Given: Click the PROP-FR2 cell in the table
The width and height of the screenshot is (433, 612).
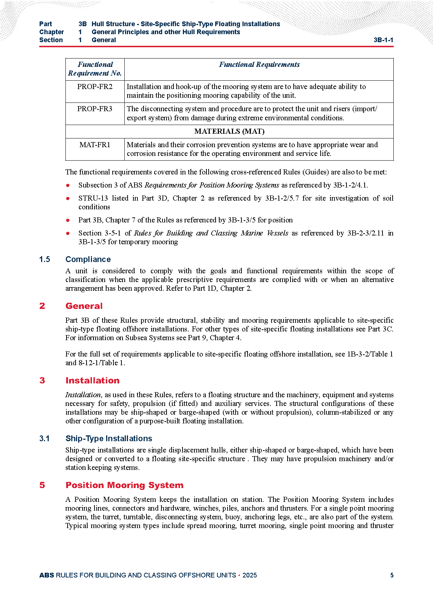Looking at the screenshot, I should [95, 87].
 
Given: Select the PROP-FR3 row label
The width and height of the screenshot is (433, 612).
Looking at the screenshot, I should [95, 109].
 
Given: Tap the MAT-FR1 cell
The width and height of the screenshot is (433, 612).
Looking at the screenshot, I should [95, 145].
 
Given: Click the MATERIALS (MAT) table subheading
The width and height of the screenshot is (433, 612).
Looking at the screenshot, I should [229, 132].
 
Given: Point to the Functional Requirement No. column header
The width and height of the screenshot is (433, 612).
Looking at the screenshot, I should [95, 69].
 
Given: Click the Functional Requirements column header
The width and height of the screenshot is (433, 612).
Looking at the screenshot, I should [259, 65].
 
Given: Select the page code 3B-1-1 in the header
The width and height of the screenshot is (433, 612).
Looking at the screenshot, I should [383, 40].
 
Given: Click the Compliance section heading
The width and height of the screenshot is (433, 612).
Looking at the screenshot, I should [88, 259].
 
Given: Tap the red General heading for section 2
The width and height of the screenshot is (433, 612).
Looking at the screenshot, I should [84, 306].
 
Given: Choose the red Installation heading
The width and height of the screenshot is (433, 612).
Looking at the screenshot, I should [92, 381].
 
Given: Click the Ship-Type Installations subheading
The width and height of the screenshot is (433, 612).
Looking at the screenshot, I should [109, 439].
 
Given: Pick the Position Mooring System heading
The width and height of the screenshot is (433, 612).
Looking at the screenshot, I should [124, 485].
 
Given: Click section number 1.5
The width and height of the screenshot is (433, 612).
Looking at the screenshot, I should [45, 259].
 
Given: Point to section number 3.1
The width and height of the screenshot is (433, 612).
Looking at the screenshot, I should [44, 439].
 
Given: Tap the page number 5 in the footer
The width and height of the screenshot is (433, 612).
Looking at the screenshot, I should [392, 575].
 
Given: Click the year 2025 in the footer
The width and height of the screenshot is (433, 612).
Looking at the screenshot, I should [249, 575].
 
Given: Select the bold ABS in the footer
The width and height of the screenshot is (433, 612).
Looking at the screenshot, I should [47, 575].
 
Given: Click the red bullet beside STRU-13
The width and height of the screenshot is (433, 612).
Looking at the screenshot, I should [68, 198].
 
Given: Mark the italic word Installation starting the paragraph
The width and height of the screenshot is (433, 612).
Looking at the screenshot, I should [83, 395].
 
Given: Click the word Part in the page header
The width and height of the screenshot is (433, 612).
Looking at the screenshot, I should [46, 24].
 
